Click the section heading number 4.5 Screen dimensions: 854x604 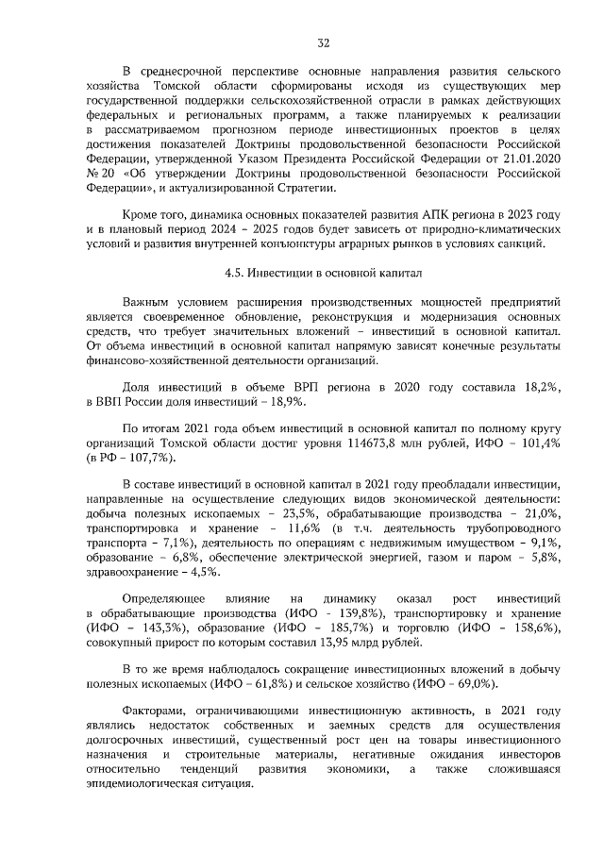(235, 274)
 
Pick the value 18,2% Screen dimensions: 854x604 (541, 387)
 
